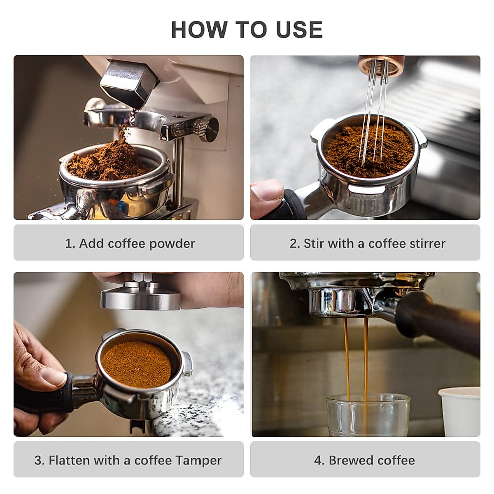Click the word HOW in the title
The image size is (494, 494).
coord(199,30)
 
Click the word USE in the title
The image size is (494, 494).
coord(299,30)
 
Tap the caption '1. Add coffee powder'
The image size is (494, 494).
coord(130,243)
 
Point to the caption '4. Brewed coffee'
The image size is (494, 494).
coord(365,460)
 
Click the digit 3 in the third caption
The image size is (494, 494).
coord(39,460)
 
